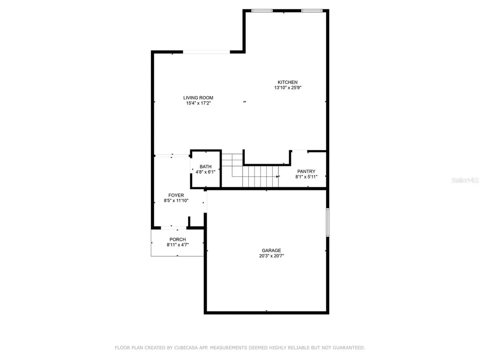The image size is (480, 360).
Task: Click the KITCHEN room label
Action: tap(287, 82)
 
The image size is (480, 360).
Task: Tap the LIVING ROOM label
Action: tap(198, 98)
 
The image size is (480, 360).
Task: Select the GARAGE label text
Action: tap(271, 250)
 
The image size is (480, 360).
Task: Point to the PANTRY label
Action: tap(306, 172)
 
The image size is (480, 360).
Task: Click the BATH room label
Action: tap(205, 167)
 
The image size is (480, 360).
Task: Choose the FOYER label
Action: tap(176, 195)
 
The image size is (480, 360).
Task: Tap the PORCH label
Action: tap(178, 240)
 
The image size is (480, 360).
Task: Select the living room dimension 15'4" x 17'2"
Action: tap(199, 103)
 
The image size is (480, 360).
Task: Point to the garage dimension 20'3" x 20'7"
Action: tap(271, 256)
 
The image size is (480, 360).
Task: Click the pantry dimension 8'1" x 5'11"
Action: tap(306, 177)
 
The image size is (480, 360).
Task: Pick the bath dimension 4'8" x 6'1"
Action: tap(205, 172)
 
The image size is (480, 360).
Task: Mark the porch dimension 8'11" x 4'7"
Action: tap(178, 245)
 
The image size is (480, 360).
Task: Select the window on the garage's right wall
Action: tap(328, 222)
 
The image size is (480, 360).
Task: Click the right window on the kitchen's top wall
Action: tap(311, 10)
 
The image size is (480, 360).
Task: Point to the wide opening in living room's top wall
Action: tap(206, 52)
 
